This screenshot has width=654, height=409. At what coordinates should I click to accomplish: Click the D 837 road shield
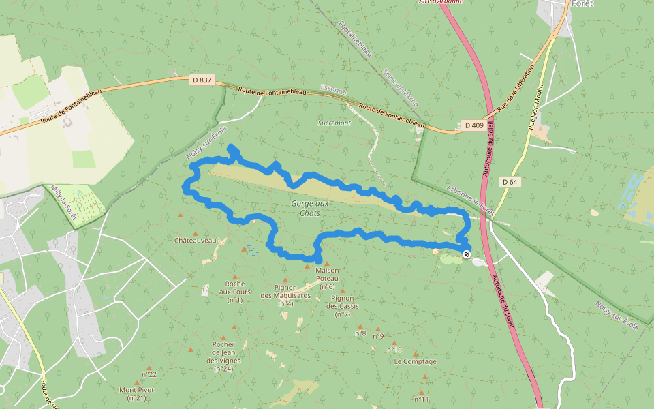point(202,80)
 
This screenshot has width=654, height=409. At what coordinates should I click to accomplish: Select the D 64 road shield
point(510,182)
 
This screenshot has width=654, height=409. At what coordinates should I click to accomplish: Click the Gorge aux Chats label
point(309,209)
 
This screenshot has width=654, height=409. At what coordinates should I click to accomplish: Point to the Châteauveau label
point(195,240)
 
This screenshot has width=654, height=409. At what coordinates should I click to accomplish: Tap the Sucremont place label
point(334,123)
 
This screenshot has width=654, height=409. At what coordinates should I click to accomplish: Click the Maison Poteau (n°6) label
point(327,274)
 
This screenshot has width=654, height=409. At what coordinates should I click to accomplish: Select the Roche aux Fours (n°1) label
point(235,292)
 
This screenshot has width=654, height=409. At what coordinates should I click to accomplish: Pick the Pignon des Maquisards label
point(286,292)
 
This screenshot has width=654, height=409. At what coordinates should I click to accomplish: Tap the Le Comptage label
point(415,362)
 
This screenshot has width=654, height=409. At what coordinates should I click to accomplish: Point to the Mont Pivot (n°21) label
point(137,394)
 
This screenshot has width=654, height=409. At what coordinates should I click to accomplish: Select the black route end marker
point(467,254)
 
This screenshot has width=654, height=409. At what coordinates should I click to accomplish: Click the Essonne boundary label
point(333,90)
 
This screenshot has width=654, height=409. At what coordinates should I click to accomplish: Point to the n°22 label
point(149,374)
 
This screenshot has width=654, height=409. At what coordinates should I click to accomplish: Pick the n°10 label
point(394,350)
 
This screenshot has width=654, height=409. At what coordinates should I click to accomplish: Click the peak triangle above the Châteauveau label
point(181,215)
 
